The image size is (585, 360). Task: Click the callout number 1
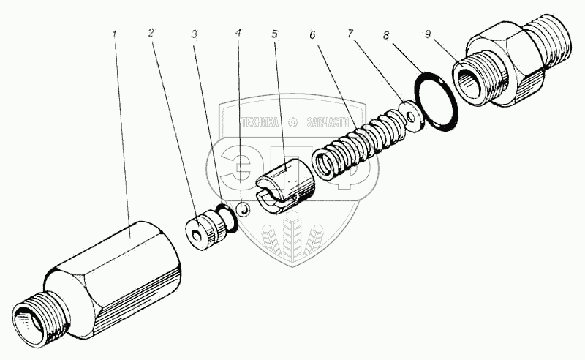115,34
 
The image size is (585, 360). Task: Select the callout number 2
151,33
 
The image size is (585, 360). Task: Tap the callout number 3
195,34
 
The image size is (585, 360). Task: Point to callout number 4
239,34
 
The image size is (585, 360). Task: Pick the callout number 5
274,34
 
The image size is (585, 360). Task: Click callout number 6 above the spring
313,34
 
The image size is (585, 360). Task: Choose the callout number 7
351,34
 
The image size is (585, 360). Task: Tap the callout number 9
426,34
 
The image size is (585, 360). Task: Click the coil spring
358,143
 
